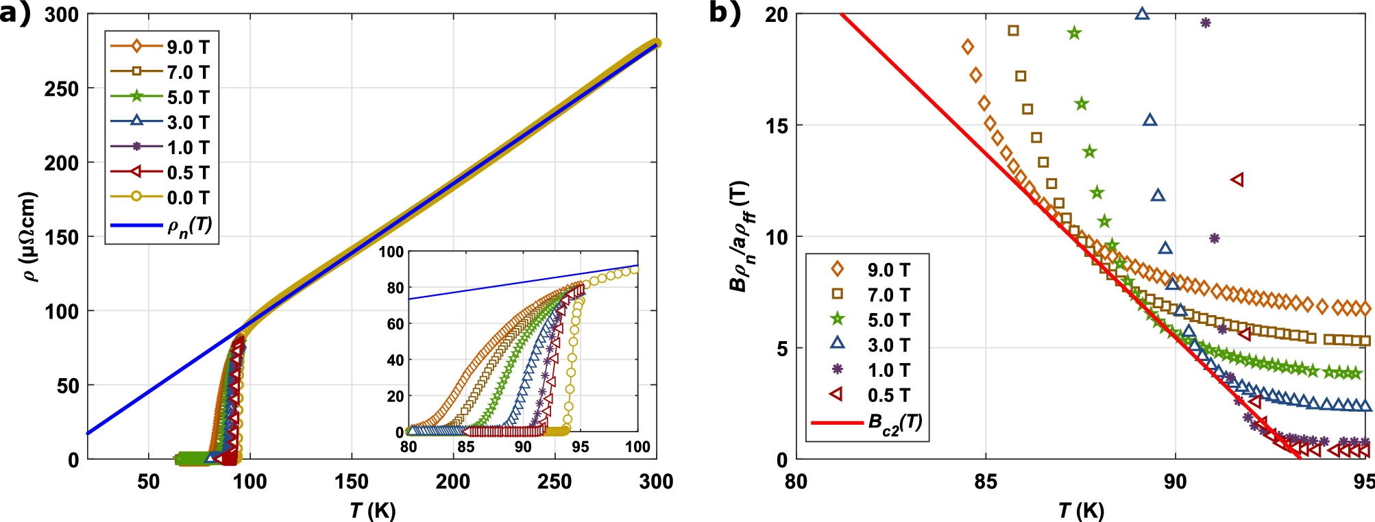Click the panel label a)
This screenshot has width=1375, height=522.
pyautogui.click(x=15, y=14)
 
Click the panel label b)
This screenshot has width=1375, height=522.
pyautogui.click(x=725, y=14)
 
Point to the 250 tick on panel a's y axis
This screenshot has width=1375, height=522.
pyautogui.click(x=62, y=89)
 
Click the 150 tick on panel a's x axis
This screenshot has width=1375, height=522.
pyautogui.click(x=352, y=482)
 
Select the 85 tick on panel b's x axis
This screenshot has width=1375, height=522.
pyautogui.click(x=986, y=482)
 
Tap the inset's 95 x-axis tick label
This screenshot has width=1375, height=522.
pyautogui.click(x=580, y=447)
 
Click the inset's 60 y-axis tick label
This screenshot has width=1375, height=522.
pyautogui.click(x=396, y=324)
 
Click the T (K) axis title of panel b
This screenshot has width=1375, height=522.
pyautogui.click(x=1081, y=510)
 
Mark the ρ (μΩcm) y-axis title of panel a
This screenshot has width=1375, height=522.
pyautogui.click(x=29, y=236)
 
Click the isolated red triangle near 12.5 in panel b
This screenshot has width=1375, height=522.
pyautogui.click(x=1237, y=179)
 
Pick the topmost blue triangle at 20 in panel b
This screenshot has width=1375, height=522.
pyautogui.click(x=1142, y=13)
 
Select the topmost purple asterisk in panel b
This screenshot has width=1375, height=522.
pyautogui.click(x=1206, y=23)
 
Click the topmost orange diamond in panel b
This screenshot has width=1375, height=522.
pyautogui.click(x=968, y=47)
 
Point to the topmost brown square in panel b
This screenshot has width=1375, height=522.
pyautogui.click(x=1013, y=30)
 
